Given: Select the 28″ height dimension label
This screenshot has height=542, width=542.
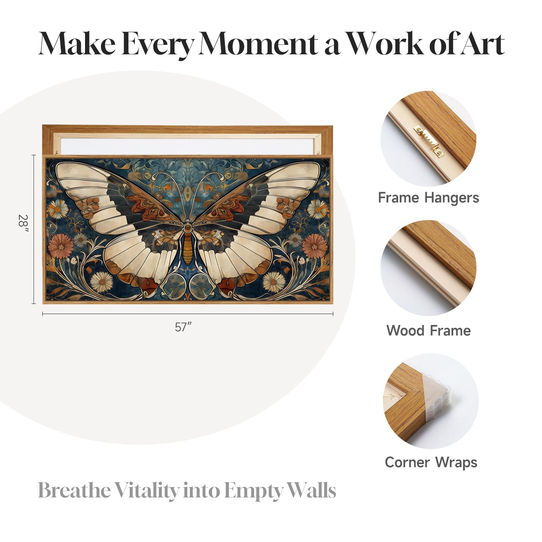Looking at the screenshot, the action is [x=23, y=224].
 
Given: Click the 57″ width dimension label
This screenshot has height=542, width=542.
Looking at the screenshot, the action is [x=183, y=327].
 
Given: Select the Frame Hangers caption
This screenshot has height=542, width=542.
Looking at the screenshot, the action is [x=429, y=198].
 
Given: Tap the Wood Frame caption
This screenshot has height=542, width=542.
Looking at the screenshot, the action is [x=429, y=331].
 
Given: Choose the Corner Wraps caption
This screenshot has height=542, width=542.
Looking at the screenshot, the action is [x=431, y=463].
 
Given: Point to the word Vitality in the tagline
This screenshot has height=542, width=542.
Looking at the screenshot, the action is [x=146, y=490].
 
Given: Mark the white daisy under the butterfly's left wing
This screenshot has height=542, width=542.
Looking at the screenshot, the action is [x=102, y=282].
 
